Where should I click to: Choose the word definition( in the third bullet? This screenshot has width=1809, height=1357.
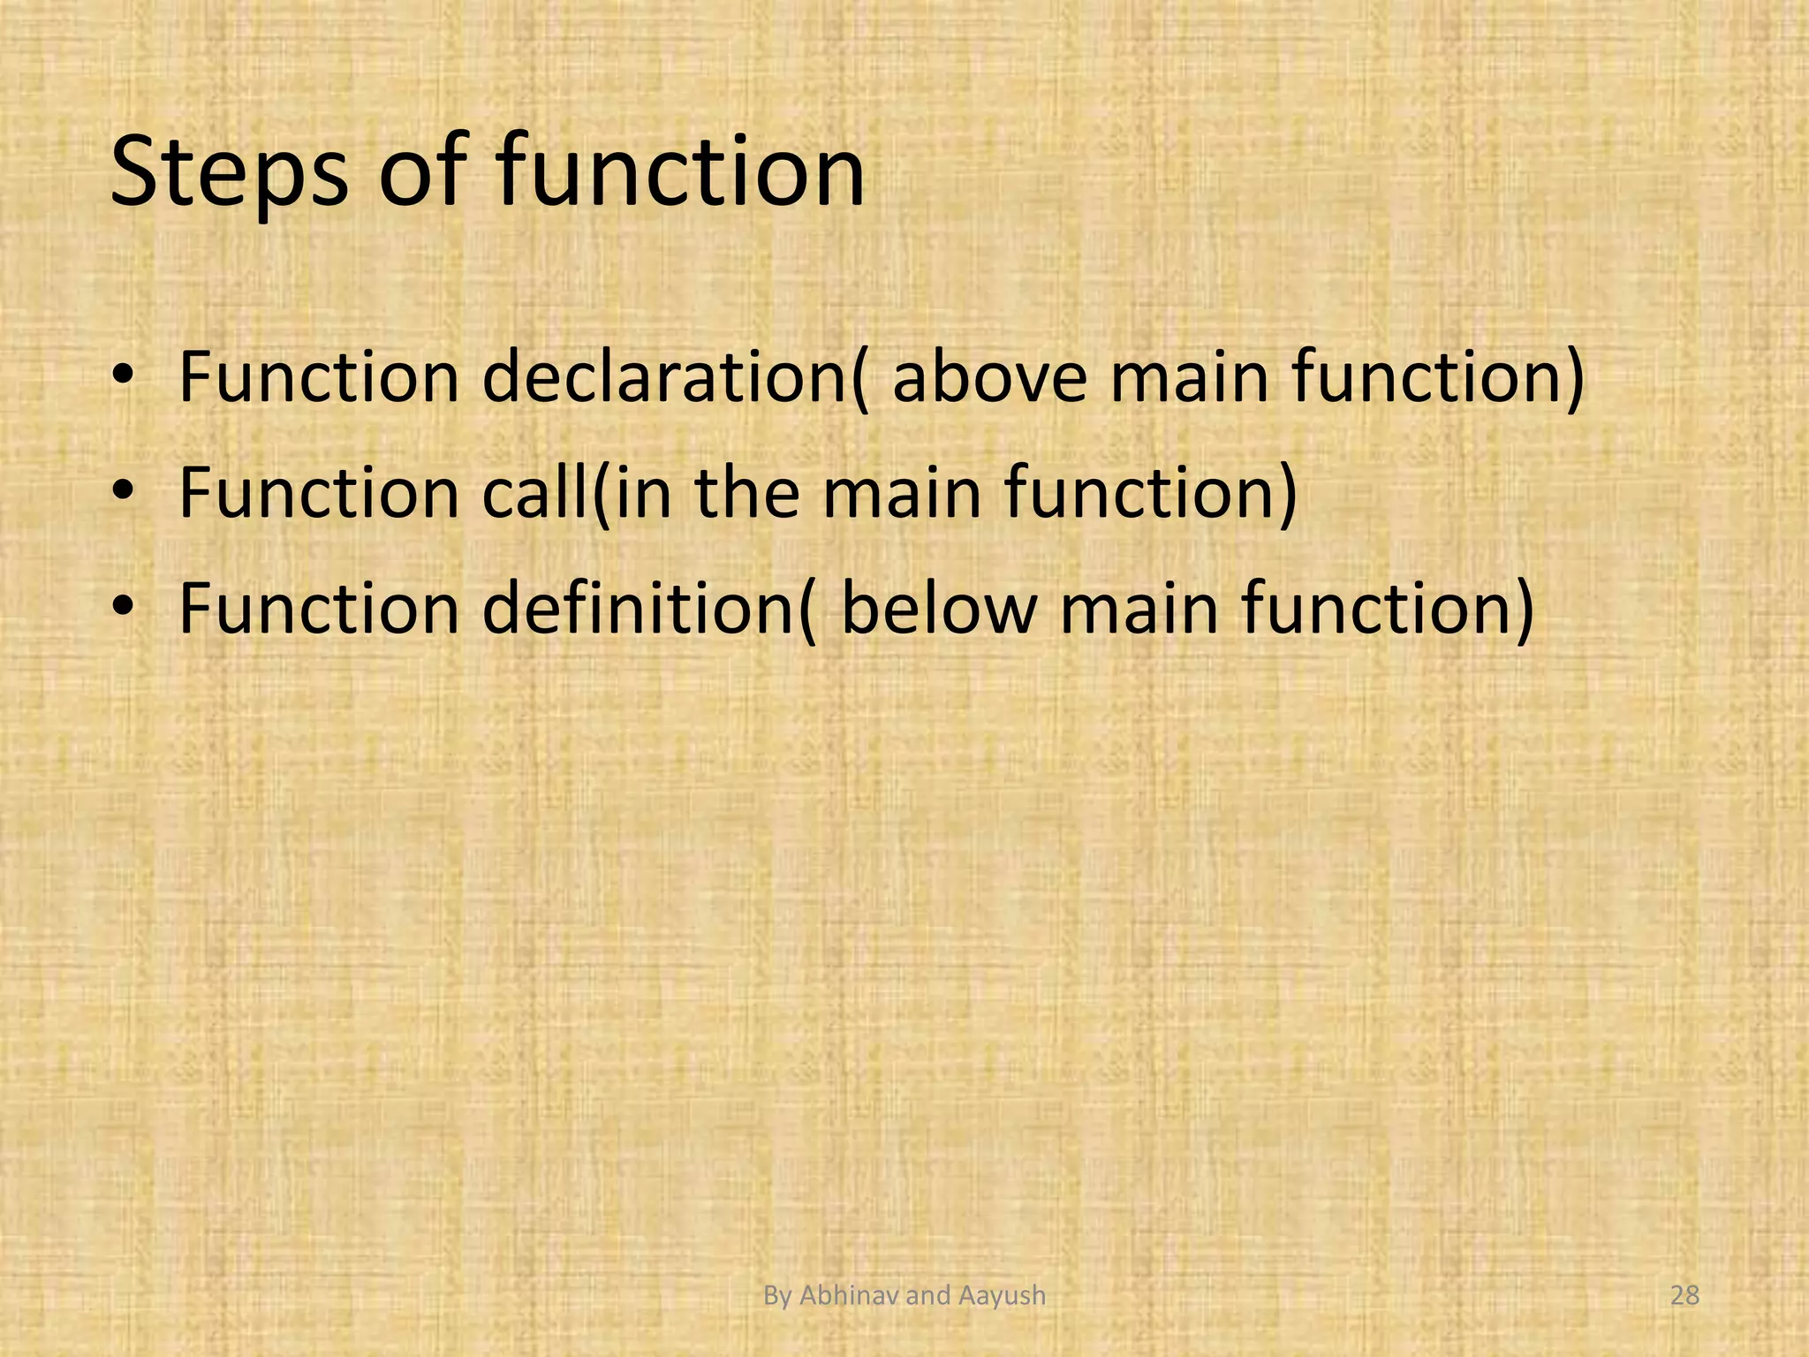[649, 609]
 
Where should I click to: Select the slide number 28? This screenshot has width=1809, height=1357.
[1685, 1296]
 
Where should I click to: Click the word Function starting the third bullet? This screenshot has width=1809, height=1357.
[319, 609]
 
